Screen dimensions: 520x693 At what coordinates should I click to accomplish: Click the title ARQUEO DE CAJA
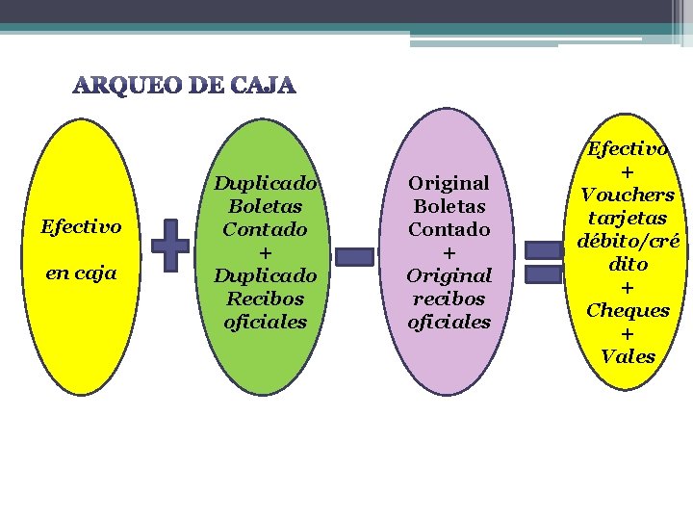click(185, 87)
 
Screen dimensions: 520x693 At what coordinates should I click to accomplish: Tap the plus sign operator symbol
click(170, 244)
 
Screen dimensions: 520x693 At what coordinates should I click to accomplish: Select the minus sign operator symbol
click(353, 256)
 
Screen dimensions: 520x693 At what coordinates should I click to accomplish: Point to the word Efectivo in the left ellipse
click(81, 227)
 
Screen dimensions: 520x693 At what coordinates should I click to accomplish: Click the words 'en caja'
click(81, 273)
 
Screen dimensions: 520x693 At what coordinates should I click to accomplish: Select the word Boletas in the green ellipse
click(265, 206)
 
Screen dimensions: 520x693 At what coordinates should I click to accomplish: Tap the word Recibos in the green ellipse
click(265, 299)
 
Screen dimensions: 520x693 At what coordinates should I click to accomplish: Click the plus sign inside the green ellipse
click(265, 252)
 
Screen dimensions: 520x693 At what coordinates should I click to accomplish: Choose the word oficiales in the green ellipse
click(265, 322)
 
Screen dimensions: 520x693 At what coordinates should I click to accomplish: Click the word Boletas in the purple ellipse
click(449, 206)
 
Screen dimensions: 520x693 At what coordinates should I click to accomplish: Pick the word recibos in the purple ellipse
click(449, 299)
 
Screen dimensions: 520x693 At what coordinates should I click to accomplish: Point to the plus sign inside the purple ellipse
click(449, 252)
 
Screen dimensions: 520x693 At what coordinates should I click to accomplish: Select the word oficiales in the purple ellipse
click(449, 322)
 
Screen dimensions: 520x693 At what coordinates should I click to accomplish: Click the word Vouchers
click(628, 195)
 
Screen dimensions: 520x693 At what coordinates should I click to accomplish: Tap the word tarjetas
click(628, 218)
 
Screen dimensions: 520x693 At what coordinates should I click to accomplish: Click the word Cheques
click(628, 310)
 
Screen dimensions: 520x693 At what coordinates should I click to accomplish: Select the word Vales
click(628, 356)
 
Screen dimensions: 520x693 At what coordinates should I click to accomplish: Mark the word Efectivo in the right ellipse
click(628, 149)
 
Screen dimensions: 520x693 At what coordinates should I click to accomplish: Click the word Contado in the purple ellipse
click(449, 229)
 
